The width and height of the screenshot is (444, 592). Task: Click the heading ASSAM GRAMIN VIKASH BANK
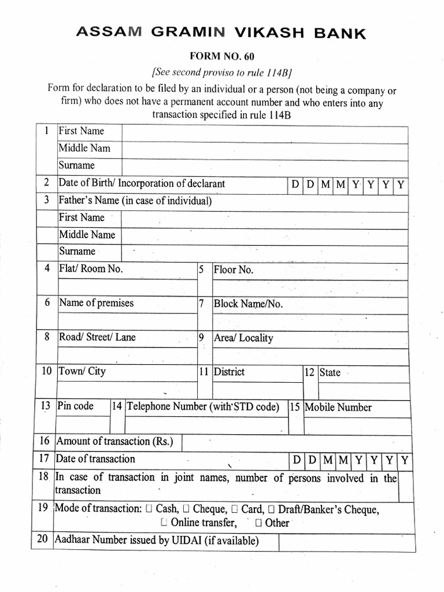pyautogui.click(x=221, y=34)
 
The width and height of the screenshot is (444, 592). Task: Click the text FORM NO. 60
pyautogui.click(x=222, y=56)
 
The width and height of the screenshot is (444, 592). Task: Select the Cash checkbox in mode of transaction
pyautogui.click(x=150, y=509)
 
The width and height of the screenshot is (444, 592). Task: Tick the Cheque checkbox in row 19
pyautogui.click(x=187, y=509)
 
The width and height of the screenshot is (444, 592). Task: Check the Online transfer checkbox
pyautogui.click(x=164, y=523)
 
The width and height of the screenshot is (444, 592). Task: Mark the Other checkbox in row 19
pyautogui.click(x=258, y=523)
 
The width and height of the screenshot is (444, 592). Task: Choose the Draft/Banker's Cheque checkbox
pyautogui.click(x=271, y=509)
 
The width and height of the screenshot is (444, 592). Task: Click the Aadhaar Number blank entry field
pyautogui.click(x=346, y=542)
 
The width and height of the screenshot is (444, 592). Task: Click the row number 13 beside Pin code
pyautogui.click(x=46, y=406)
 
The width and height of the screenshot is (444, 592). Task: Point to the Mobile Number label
pyautogui.click(x=338, y=407)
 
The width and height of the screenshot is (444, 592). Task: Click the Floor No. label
pyautogui.click(x=234, y=269)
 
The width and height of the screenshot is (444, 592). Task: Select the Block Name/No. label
pyautogui.click(x=248, y=304)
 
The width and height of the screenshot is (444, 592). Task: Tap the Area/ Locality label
pyautogui.click(x=243, y=338)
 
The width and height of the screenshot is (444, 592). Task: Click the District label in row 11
pyautogui.click(x=229, y=372)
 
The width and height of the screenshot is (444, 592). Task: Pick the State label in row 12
pyautogui.click(x=330, y=372)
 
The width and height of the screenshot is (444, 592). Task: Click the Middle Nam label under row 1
pyautogui.click(x=84, y=148)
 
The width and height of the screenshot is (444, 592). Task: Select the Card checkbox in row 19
pyautogui.click(x=235, y=509)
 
